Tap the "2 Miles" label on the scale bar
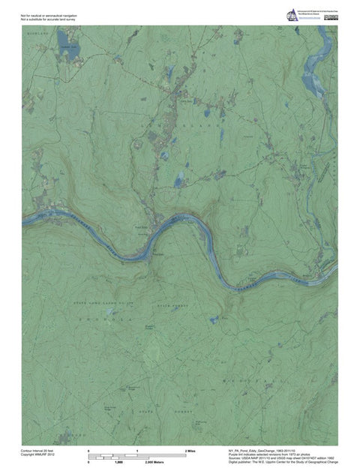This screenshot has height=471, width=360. click(x=190, y=450)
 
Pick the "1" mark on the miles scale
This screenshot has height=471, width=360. click(x=138, y=450)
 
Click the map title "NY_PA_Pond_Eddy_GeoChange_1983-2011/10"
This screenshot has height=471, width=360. click(x=262, y=450)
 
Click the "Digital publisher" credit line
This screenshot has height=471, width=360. click(x=281, y=463)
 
